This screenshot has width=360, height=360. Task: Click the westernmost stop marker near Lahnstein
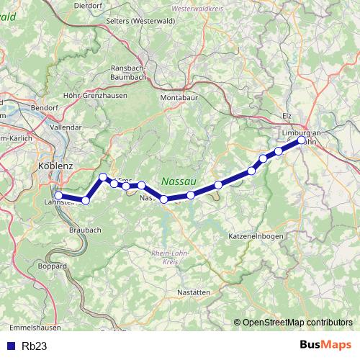point(58,195)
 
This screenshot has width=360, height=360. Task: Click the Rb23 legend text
point(35,346)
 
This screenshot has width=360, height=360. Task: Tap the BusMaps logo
point(325,346)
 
